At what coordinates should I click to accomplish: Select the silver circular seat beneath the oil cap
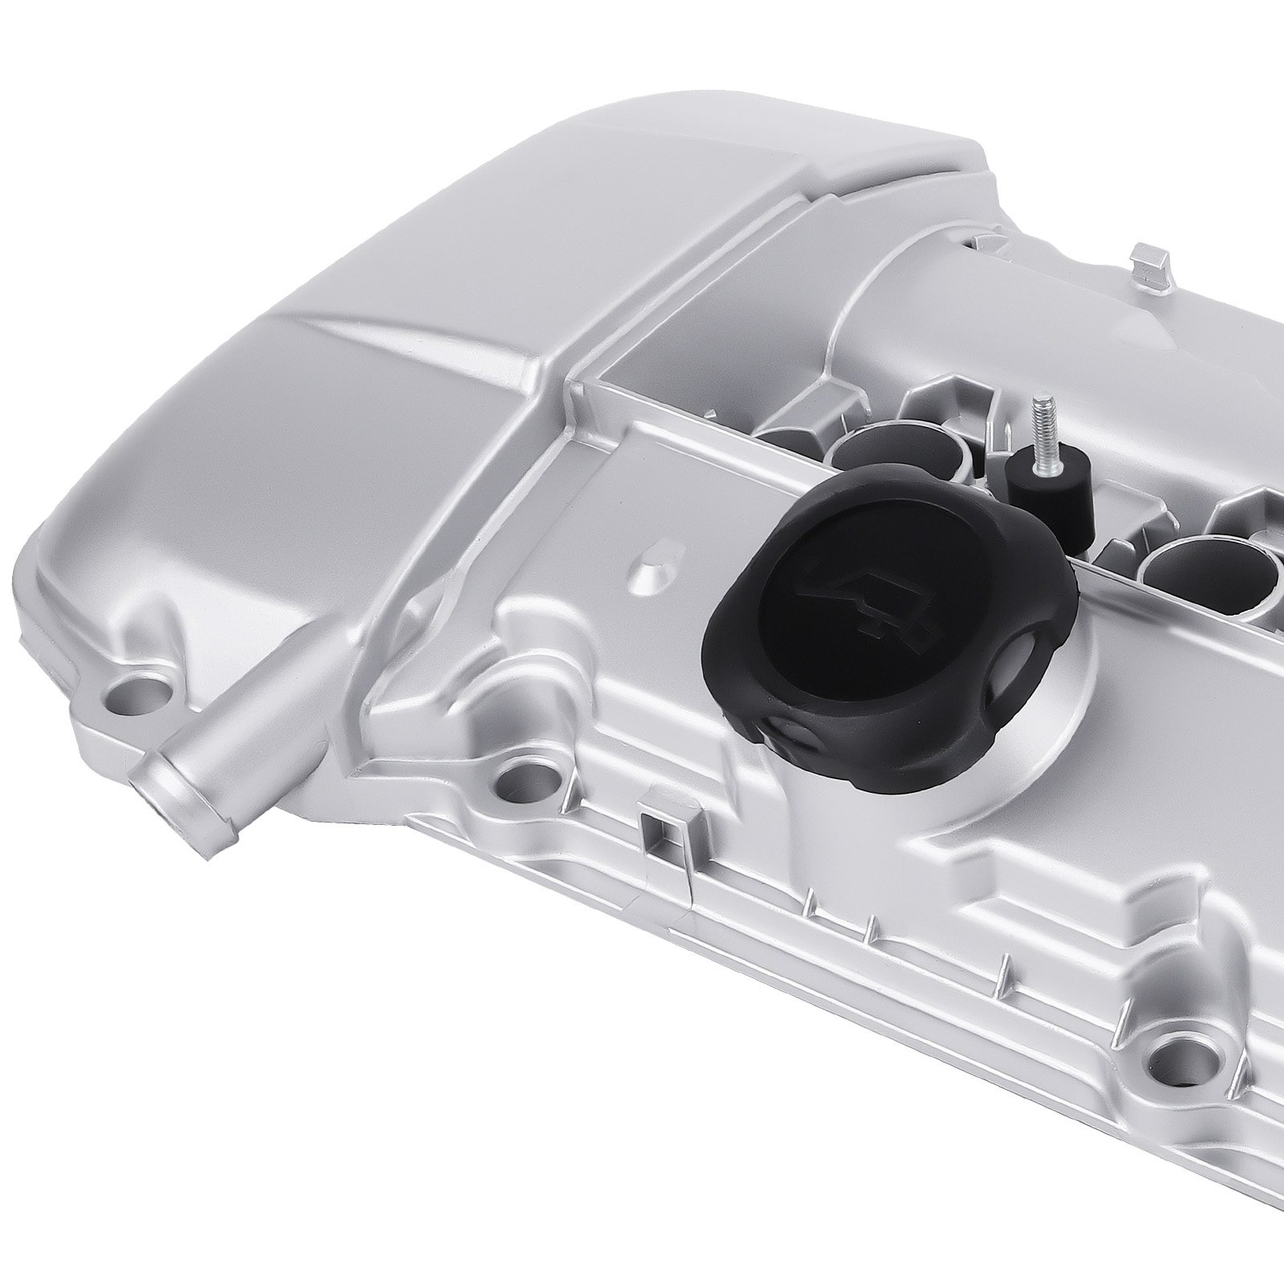coord(1075,706)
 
